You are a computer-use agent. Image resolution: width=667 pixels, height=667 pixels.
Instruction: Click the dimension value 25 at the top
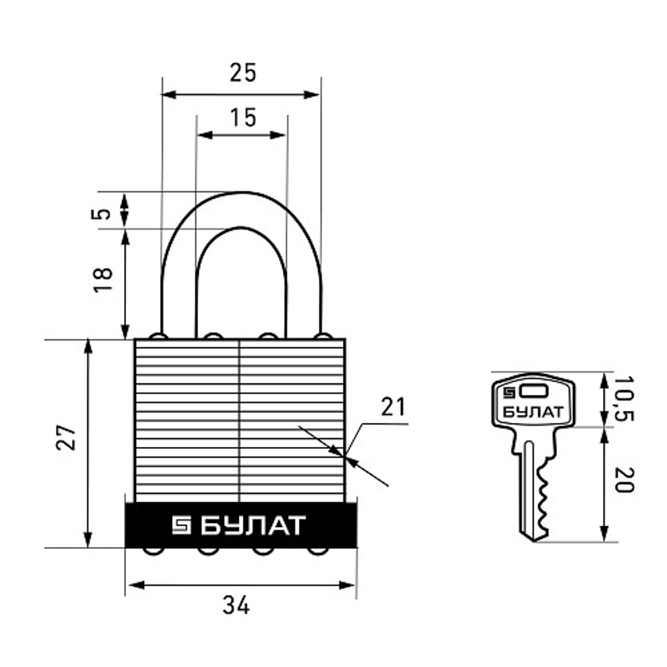click(x=243, y=73)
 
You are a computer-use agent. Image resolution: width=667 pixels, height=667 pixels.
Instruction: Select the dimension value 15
click(x=243, y=117)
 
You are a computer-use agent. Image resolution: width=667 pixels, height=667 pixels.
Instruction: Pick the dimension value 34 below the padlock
click(x=236, y=606)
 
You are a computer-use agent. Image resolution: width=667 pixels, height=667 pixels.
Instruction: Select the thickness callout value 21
click(x=393, y=407)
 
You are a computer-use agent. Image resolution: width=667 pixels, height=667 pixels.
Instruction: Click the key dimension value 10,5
click(x=624, y=398)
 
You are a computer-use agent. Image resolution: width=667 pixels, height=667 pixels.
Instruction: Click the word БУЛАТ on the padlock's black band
click(x=252, y=526)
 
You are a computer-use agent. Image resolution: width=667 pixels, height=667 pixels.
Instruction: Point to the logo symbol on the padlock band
click(x=181, y=526)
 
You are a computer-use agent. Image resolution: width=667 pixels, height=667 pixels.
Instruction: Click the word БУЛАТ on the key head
click(x=532, y=412)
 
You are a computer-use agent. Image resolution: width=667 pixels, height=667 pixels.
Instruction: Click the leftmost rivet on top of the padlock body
click(x=158, y=336)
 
